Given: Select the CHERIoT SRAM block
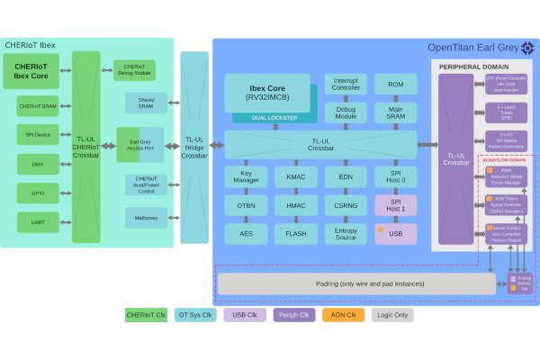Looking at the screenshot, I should [x=37, y=106].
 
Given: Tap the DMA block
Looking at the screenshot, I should [x=37, y=164].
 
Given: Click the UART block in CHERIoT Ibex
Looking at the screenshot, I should [x=37, y=221].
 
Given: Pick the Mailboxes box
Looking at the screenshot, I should [x=146, y=217].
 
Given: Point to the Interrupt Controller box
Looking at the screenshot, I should [x=346, y=84].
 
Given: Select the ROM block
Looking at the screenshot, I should [x=395, y=84].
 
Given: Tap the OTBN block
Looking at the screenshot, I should [x=246, y=206].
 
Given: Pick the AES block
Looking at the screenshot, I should [x=246, y=233].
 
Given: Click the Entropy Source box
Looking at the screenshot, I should [x=346, y=233].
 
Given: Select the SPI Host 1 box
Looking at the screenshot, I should [x=395, y=206].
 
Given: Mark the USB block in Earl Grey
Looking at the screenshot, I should [x=395, y=233].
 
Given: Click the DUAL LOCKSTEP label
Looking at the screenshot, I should [x=274, y=118].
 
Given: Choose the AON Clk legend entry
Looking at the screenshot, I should [x=344, y=315].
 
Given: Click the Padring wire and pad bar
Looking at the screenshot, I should [x=356, y=283].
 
